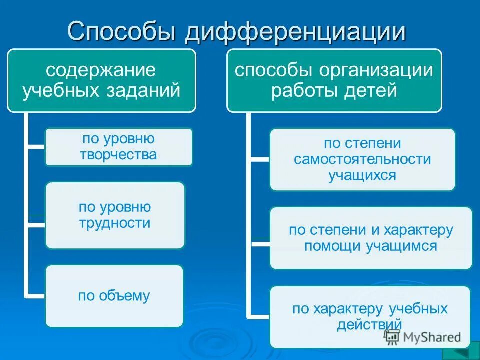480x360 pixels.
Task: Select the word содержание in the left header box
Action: coord(101,69)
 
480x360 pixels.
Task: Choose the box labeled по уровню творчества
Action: coord(118,147)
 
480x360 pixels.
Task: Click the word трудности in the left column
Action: coord(115,223)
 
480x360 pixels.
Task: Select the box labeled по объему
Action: coord(114,296)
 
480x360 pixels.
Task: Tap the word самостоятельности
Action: coord(362,159)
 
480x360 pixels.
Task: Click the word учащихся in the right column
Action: coord(362,175)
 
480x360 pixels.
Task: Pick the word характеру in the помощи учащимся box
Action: coord(417,230)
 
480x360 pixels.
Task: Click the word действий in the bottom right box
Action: coord(370,324)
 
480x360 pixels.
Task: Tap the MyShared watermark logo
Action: coord(422,337)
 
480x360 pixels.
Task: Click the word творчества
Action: coord(118,155)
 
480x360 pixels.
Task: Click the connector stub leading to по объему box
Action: coord(35,296)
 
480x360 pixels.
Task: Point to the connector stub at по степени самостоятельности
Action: coord(258,159)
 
